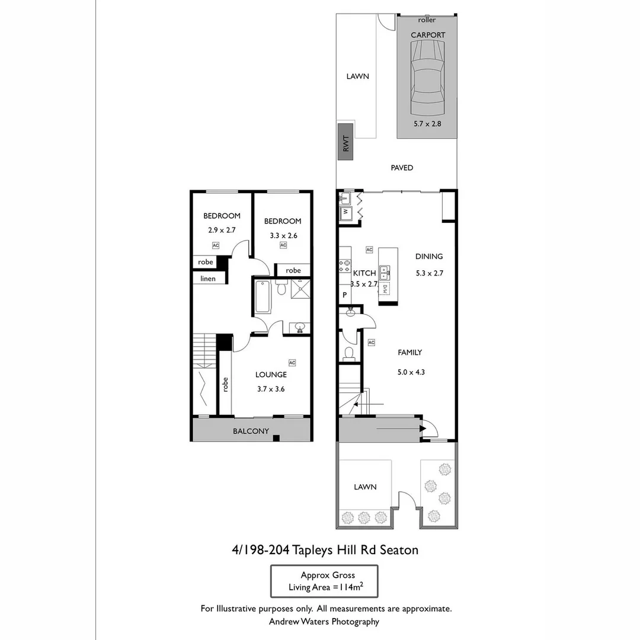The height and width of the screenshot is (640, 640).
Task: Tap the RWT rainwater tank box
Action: pyautogui.click(x=345, y=142)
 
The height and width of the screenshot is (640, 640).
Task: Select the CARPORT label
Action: pyautogui.click(x=428, y=35)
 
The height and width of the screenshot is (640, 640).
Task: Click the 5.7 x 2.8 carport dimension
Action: pyautogui.click(x=427, y=124)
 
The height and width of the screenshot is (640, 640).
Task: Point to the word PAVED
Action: pyautogui.click(x=402, y=168)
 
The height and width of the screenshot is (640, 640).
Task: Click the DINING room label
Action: pyautogui.click(x=429, y=257)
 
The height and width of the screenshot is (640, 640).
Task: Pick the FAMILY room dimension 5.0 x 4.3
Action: pyautogui.click(x=411, y=373)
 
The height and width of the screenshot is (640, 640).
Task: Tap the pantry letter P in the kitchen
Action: pyautogui.click(x=344, y=295)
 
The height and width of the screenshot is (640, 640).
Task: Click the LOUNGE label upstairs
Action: pyautogui.click(x=271, y=375)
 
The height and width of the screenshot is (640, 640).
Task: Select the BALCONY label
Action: pyautogui.click(x=251, y=431)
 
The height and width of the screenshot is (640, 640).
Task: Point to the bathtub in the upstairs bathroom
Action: pyautogui.click(x=262, y=297)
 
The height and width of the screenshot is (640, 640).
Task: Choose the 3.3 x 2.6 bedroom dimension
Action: pyautogui.click(x=282, y=235)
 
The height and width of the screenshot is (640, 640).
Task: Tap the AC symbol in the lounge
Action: pyautogui.click(x=292, y=363)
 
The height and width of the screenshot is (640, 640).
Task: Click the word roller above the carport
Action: pyautogui.click(x=427, y=20)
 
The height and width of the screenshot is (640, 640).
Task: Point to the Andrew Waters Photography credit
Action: pyautogui.click(x=324, y=622)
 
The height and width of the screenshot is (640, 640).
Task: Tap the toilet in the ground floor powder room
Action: pyautogui.click(x=349, y=354)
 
